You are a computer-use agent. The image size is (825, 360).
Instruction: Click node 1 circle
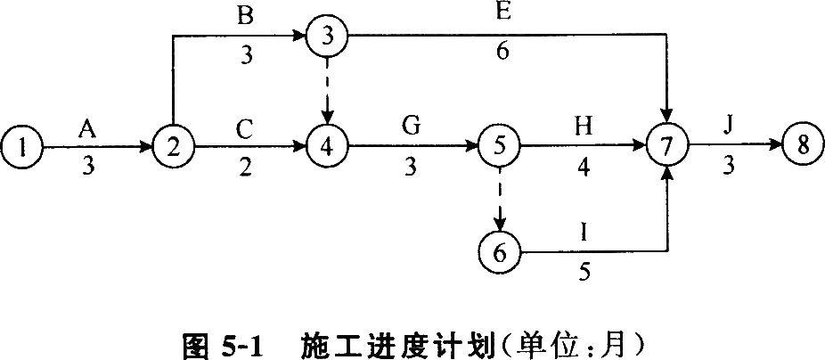pyautogui.click(x=24, y=145)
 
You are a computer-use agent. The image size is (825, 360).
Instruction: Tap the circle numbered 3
pyautogui.click(x=327, y=37)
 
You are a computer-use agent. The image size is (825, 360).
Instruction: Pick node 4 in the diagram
pyautogui.click(x=327, y=145)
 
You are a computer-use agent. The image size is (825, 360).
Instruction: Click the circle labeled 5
pyautogui.click(x=500, y=145)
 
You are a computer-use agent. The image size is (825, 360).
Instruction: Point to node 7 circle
pyautogui.click(x=667, y=145)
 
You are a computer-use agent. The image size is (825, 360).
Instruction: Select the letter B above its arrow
pyautogui.click(x=245, y=15)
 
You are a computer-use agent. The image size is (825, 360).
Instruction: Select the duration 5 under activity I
pyautogui.click(x=583, y=271)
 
